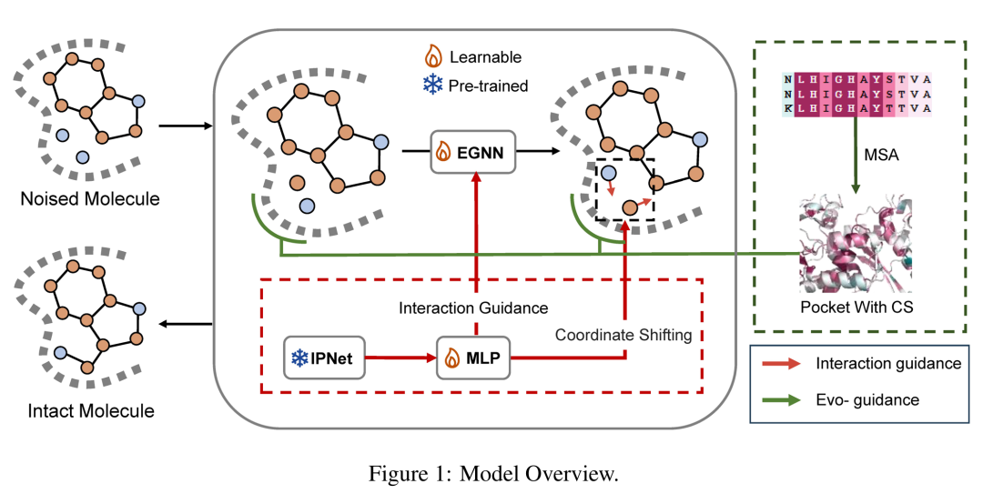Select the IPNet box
click(x=325, y=358)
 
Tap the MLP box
click(x=473, y=358)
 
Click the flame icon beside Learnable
click(x=435, y=56)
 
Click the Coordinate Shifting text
click(x=623, y=335)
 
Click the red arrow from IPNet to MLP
click(x=400, y=358)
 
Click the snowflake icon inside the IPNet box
click(x=299, y=358)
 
